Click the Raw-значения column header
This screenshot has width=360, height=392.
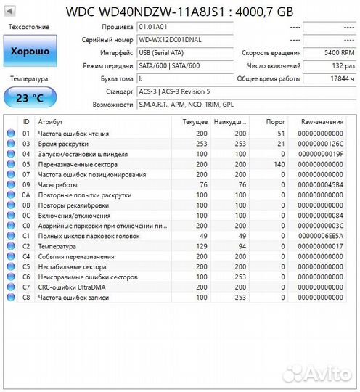pos(322,122)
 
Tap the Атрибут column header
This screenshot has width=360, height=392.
pos(50,122)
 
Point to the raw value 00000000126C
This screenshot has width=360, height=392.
pos(322,144)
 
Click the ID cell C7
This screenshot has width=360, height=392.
pos(26,287)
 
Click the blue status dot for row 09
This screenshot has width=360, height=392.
pos(10,184)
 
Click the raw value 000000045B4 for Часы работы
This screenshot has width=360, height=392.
pos(322,184)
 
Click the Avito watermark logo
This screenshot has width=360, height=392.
pos(316,373)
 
